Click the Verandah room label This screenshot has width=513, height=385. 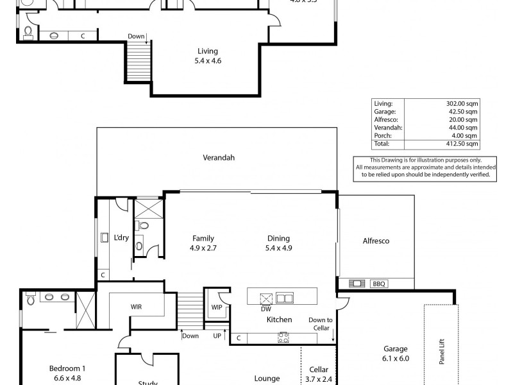pyautogui.click(x=216, y=157)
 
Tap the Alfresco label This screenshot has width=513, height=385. pyautogui.click(x=376, y=241)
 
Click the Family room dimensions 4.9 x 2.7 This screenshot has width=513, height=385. pyautogui.click(x=203, y=248)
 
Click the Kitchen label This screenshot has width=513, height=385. pyautogui.click(x=279, y=319)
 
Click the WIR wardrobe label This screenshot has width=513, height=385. pyautogui.click(x=136, y=307)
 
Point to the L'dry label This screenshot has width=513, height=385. pyautogui.click(x=121, y=238)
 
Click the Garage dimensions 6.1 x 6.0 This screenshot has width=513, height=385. pyautogui.click(x=395, y=359)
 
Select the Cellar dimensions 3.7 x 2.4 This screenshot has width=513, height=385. pyautogui.click(x=319, y=379)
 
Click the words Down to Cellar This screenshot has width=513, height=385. pyautogui.click(x=320, y=324)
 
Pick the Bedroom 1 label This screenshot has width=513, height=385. pyautogui.click(x=67, y=368)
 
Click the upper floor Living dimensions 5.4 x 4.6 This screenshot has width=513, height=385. pyautogui.click(x=208, y=61)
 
